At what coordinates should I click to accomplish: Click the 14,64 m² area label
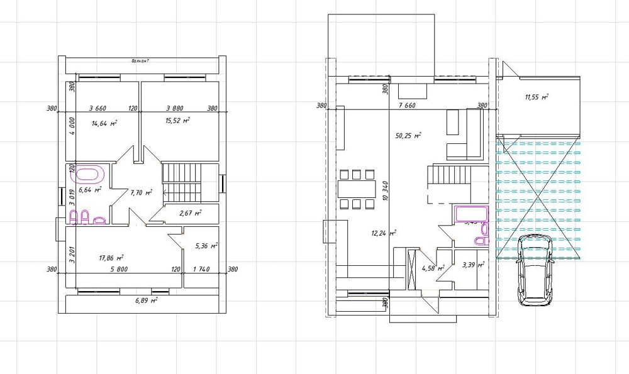[104, 124]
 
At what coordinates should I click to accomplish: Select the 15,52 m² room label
[177, 120]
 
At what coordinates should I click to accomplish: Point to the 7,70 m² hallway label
[141, 193]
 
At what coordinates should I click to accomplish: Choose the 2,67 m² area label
[189, 213]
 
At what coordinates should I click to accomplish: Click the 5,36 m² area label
[206, 246]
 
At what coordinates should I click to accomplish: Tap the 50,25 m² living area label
[408, 135]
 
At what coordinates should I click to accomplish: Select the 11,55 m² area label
[537, 97]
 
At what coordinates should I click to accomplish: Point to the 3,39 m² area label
[472, 265]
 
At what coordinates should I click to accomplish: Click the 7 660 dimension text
[408, 106]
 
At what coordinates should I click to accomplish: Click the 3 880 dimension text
[178, 108]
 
